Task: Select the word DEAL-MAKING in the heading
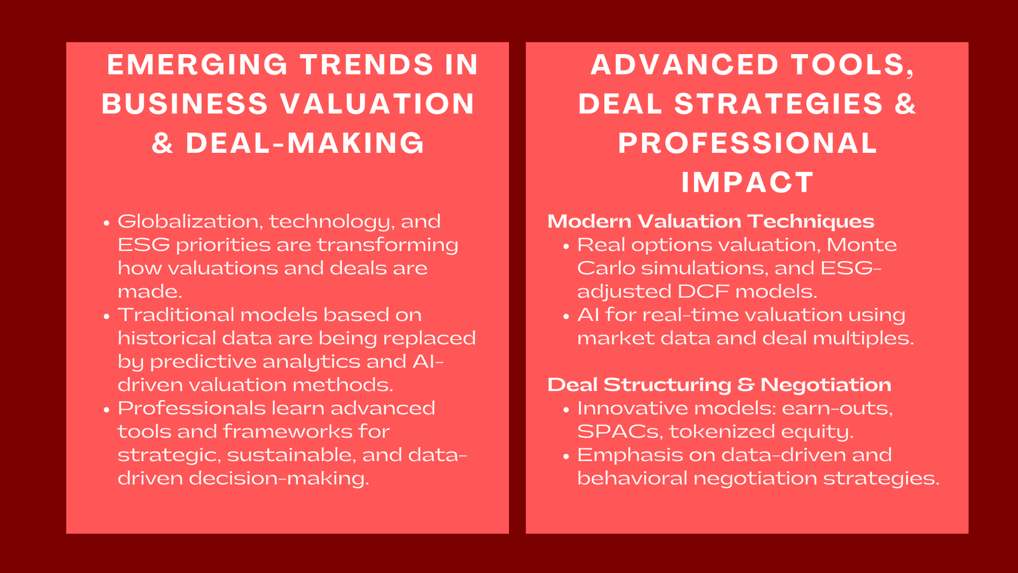[x=305, y=143]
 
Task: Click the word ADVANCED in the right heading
[x=685, y=65]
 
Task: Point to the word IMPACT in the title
[x=748, y=183]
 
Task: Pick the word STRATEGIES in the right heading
[x=779, y=104]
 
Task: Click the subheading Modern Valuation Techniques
[x=711, y=222]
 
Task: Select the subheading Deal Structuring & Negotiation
[x=719, y=385]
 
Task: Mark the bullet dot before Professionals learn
[x=106, y=409]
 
